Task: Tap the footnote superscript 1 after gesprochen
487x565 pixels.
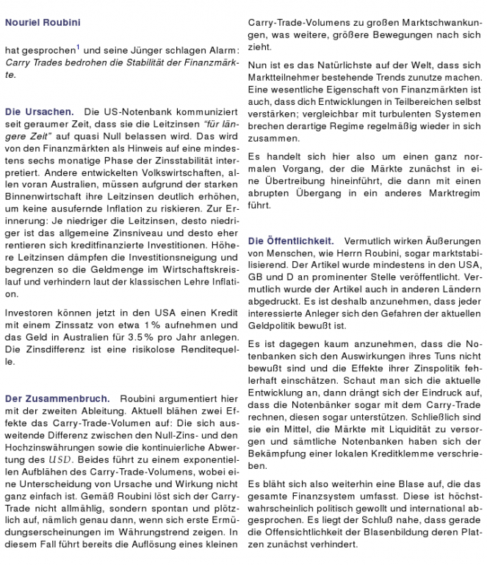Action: (79, 46)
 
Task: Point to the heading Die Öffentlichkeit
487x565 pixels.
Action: (290, 240)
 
